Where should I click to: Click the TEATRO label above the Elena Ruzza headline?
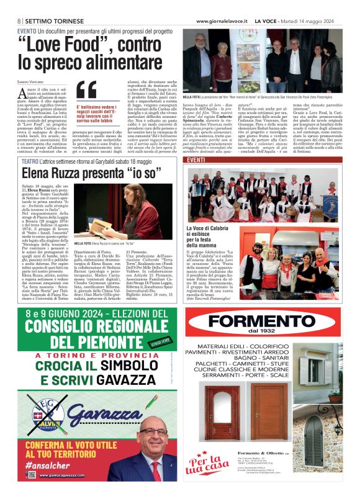pyautogui.click(x=29, y=161)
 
